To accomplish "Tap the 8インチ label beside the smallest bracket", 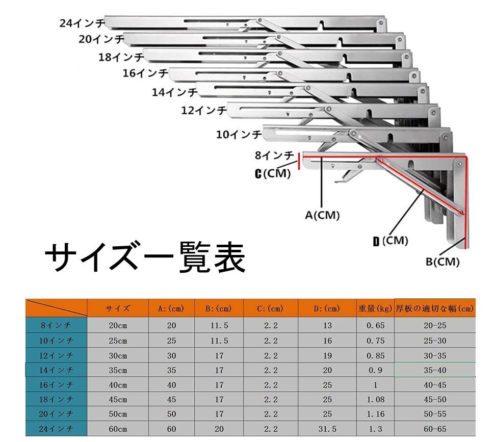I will point(274,155).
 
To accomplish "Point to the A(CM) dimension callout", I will point(322,215).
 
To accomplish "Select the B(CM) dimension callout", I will point(443,262).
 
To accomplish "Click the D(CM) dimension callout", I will point(390,241).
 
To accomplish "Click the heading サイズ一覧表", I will point(145,257).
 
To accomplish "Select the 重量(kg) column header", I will point(375,308).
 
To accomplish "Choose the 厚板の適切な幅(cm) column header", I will point(434,308).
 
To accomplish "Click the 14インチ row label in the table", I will point(57,370).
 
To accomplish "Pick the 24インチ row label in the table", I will point(57,429).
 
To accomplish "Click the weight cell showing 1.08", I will point(375,399).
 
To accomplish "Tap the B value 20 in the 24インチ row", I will point(219,429).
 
